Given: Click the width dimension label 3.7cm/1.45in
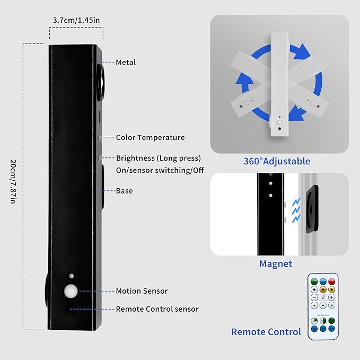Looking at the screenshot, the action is (76, 20).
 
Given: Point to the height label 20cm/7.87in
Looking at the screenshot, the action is (13, 181).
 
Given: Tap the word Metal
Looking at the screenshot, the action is (126, 62).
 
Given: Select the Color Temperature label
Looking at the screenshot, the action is (150, 137).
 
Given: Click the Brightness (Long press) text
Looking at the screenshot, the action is (159, 158).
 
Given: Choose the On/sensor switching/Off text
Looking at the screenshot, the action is (160, 170).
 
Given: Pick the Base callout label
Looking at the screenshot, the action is (124, 191).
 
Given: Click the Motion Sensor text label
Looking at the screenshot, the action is (142, 291).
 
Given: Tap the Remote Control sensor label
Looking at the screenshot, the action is (157, 309).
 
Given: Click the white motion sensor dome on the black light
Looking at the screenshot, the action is (71, 291).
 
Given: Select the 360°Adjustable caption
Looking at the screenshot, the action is (277, 161).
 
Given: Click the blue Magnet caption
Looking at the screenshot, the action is (276, 264).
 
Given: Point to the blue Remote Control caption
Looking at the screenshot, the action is (266, 332).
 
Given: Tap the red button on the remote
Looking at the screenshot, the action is (331, 281).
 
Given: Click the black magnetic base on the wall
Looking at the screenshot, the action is (312, 209).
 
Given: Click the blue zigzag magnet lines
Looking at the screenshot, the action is (296, 210).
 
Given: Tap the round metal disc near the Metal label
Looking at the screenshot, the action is (101, 82).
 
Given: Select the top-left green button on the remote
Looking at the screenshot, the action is (314, 281).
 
